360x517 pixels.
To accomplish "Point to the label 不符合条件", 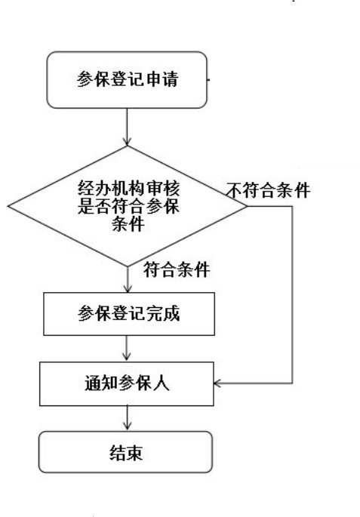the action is [269, 190].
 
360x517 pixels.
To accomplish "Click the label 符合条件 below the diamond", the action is [177, 269].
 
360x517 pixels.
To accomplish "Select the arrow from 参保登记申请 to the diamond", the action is [127, 127].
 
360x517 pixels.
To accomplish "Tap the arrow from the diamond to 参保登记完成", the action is [128, 279].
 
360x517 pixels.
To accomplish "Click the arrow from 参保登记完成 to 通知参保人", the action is [126, 349].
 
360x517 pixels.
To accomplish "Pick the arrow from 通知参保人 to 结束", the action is [128, 418].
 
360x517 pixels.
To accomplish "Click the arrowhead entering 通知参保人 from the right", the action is [217, 383].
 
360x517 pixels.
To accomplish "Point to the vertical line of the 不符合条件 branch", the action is [292, 295].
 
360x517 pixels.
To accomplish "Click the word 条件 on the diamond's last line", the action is [128, 224].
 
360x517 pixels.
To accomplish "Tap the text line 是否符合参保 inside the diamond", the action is [128, 206].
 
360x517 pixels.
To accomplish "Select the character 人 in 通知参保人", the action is [162, 383].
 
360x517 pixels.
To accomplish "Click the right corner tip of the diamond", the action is [247, 206].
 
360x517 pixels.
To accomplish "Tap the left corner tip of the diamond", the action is [8, 206].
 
